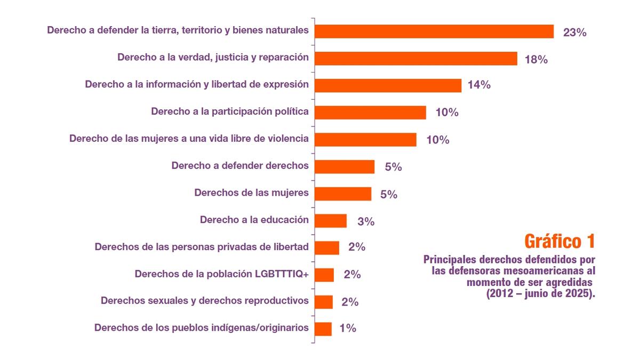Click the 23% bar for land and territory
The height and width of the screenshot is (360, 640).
[434, 31]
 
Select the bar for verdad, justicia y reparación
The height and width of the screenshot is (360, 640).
[416, 58]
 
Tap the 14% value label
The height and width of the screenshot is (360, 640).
[479, 85]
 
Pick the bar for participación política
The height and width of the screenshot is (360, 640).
[370, 113]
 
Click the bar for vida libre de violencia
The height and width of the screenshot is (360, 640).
[365, 140]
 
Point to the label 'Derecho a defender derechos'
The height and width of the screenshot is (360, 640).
[240, 165]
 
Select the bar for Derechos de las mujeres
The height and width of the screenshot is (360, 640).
[343, 194]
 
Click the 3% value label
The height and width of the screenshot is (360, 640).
[366, 221]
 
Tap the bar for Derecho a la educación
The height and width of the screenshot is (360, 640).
[331, 221]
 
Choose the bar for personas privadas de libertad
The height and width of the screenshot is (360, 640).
[327, 247]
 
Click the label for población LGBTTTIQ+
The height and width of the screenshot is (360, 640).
[222, 274]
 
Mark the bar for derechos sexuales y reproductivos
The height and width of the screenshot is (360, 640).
[324, 302]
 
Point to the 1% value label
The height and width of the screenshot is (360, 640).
[347, 329]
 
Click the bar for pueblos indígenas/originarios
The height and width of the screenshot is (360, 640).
[323, 329]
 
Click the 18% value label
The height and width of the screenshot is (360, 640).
[536, 59]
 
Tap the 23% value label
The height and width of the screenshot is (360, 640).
[575, 33]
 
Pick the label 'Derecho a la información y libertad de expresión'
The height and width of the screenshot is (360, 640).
[197, 84]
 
